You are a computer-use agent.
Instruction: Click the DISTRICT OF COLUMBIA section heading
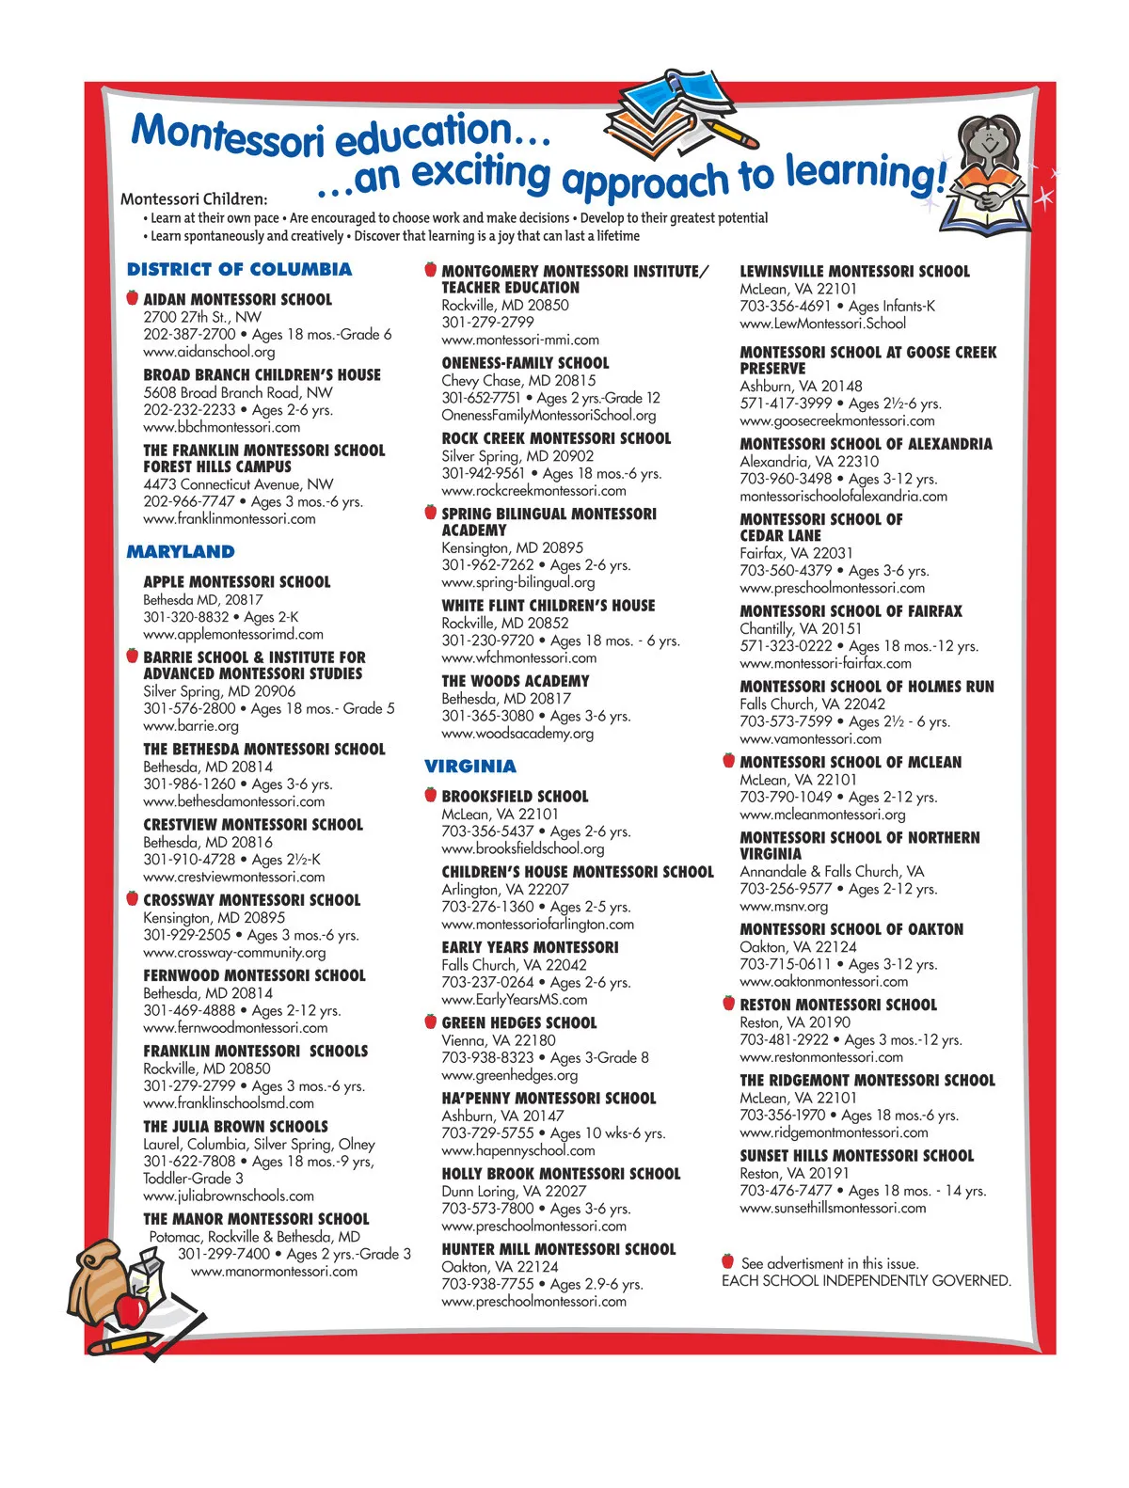click(x=239, y=270)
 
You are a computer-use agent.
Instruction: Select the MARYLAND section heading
click(x=181, y=552)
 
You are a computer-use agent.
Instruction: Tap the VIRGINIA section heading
click(x=469, y=767)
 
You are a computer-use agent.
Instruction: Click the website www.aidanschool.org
click(x=209, y=352)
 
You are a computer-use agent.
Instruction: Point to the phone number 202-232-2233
click(x=189, y=410)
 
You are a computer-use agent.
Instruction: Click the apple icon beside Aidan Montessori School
click(x=133, y=298)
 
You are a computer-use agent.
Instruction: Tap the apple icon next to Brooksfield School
click(x=430, y=795)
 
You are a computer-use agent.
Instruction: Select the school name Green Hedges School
click(x=518, y=1023)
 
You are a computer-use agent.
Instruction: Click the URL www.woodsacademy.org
click(x=517, y=734)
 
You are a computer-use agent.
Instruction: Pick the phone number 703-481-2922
click(x=784, y=1040)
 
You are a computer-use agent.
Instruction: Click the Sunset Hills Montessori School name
click(x=856, y=1156)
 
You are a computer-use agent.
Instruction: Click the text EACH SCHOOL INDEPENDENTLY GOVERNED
click(x=866, y=1281)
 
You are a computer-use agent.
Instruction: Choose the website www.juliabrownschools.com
click(x=229, y=1196)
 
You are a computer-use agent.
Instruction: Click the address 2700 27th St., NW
click(x=202, y=317)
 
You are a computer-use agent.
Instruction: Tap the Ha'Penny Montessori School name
click(x=549, y=1099)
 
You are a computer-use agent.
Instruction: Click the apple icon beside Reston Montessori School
click(x=728, y=1004)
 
